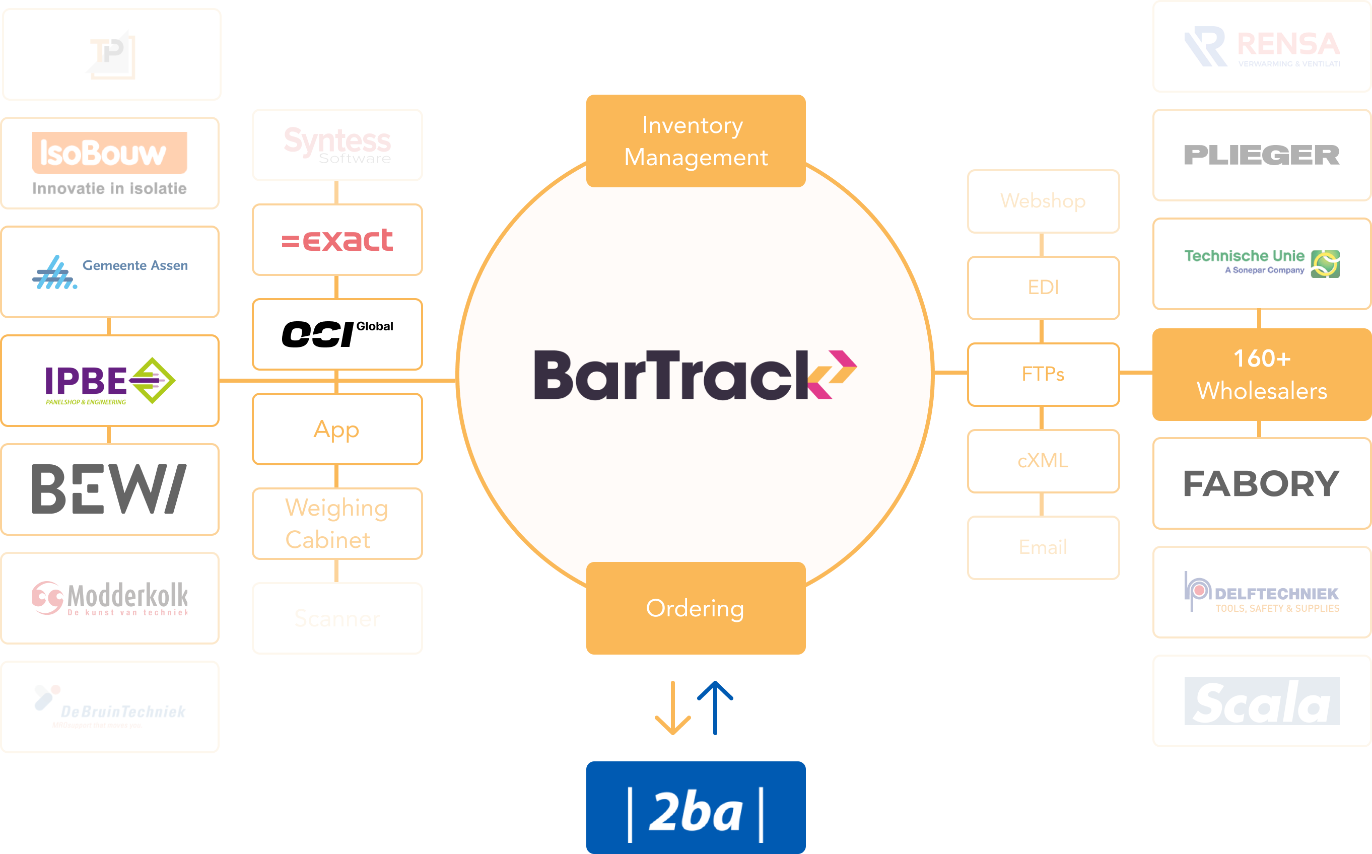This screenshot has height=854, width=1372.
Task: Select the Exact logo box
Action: [x=337, y=240]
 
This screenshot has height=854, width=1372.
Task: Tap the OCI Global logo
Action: [x=337, y=334]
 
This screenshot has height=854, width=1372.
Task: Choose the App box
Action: [x=337, y=429]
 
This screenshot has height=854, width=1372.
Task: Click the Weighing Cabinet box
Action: [x=337, y=524]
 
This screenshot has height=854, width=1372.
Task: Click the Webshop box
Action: [x=1043, y=201]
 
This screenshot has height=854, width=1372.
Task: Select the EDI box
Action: [x=1043, y=288]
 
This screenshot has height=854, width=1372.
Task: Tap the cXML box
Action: [x=1043, y=461]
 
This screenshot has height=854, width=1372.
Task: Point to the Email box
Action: [x=1043, y=547]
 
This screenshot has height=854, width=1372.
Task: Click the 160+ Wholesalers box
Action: [x=1261, y=375]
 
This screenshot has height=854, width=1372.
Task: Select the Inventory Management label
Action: [x=696, y=140]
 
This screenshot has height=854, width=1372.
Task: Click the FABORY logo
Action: [x=1261, y=483]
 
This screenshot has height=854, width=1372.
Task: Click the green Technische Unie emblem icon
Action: [x=1325, y=264]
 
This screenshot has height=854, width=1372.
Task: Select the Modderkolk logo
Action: [x=110, y=598]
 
